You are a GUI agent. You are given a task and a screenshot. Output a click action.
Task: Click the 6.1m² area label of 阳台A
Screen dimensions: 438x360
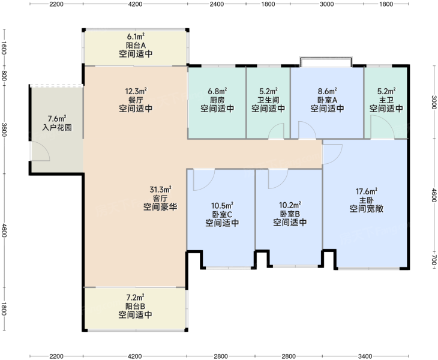click(x=136, y=37)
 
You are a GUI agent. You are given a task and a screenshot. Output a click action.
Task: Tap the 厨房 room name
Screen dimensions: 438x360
click(x=217, y=100)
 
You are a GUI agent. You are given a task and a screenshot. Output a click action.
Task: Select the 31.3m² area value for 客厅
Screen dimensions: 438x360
click(x=160, y=190)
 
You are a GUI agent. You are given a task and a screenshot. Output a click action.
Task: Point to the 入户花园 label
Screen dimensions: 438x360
click(x=57, y=128)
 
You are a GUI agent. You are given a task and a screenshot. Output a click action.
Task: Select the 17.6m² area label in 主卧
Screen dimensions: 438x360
click(x=367, y=191)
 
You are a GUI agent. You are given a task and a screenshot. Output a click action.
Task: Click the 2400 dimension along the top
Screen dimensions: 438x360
click(x=217, y=4)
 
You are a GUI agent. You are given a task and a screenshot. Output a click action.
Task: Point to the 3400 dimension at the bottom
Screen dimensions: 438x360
click(x=365, y=356)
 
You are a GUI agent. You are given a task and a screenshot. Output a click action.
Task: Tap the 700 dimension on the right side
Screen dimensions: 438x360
click(x=434, y=260)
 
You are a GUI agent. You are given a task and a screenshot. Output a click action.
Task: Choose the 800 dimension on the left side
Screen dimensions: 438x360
click(x=4, y=76)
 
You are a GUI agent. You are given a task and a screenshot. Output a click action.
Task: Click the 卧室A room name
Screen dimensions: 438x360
click(x=327, y=100)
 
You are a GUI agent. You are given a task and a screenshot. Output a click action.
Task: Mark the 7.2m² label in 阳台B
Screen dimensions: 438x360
click(x=136, y=297)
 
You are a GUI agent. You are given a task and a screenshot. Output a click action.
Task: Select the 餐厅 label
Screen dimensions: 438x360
click(x=136, y=100)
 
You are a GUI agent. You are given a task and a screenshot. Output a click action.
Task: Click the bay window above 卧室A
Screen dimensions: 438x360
click(x=326, y=62)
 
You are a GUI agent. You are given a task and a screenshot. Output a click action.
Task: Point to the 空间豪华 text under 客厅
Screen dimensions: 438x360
click(x=160, y=207)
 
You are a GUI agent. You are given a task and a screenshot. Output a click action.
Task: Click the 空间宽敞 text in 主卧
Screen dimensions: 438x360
click(x=367, y=209)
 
